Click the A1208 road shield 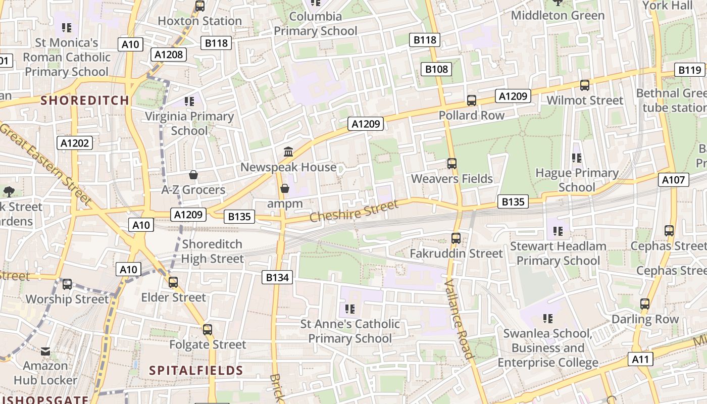[169, 55]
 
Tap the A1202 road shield [75, 143]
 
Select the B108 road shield [436, 69]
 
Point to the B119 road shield [690, 70]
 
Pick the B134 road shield [277, 277]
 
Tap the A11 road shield [640, 359]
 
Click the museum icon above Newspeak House [288, 151]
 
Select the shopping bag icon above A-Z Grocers [193, 175]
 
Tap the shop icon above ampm [285, 188]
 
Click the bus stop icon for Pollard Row [471, 100]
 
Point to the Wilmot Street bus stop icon [585, 85]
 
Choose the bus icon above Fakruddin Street [456, 238]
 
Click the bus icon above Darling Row [645, 304]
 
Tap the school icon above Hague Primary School [577, 158]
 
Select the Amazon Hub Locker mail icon [45, 351]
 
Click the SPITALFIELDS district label [196, 370]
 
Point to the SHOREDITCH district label [85, 100]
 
